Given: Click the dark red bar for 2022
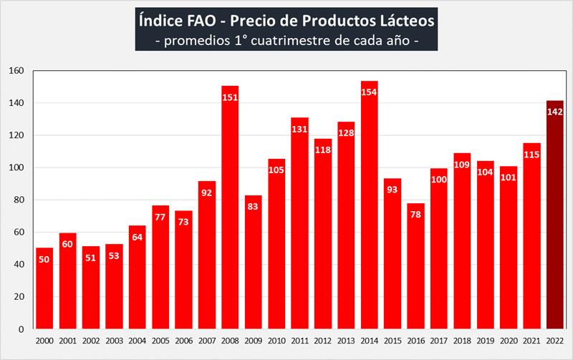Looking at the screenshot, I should (554, 215).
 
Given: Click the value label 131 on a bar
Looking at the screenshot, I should (299, 130).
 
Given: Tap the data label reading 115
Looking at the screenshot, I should (531, 155).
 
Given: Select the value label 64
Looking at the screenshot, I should (137, 238).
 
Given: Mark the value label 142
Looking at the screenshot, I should (554, 112).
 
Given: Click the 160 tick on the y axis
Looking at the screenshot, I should (17, 71).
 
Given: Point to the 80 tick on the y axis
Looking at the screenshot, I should (19, 200).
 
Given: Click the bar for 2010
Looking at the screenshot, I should (276, 243).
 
